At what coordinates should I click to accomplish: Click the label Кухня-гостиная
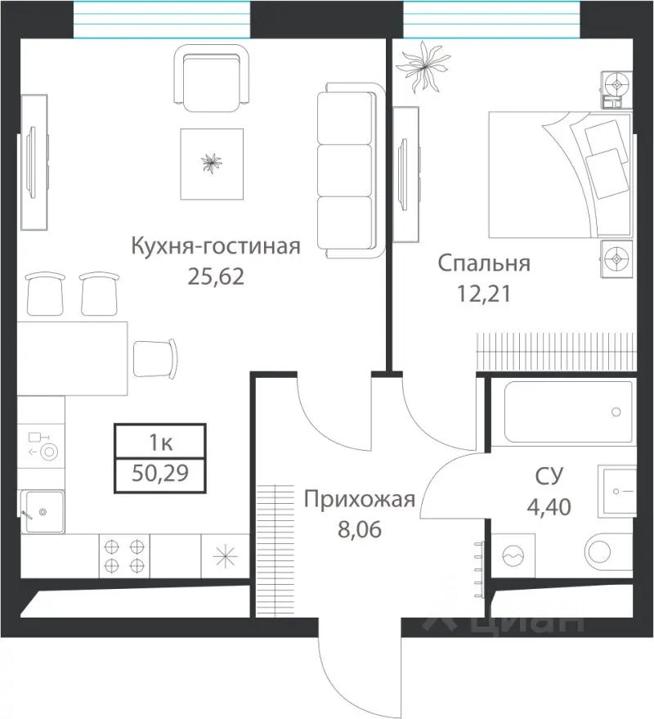pyautogui.click(x=217, y=246)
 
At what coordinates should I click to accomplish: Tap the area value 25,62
pyautogui.click(x=217, y=276)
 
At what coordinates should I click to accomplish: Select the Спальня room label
pyautogui.click(x=484, y=263)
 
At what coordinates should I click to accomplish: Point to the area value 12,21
pyautogui.click(x=484, y=294)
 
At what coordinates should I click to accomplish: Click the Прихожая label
pyautogui.click(x=360, y=499)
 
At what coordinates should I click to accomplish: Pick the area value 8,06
pyautogui.click(x=360, y=528)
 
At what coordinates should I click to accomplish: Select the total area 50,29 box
pyautogui.click(x=160, y=474)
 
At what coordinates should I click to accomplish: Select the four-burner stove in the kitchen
pyautogui.click(x=125, y=554)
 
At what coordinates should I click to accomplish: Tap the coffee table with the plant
pyautogui.click(x=213, y=164)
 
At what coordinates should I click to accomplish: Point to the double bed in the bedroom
pyautogui.click(x=559, y=173)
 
